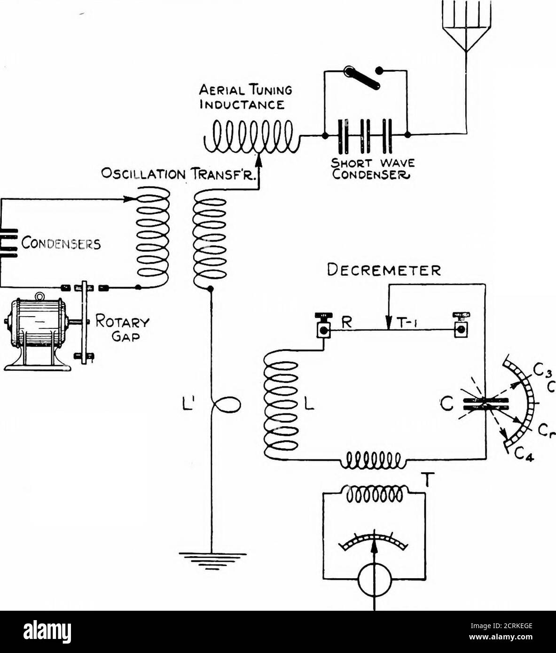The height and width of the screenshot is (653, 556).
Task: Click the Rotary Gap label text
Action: [x=122, y=328]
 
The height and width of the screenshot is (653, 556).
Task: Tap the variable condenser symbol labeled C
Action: [x=484, y=404]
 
